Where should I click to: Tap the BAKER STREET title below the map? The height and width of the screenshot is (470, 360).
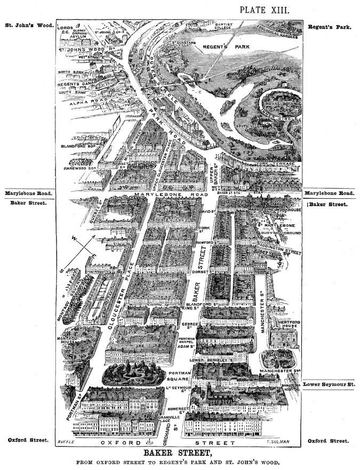(180, 453)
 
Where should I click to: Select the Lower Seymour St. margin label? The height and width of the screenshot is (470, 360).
(329, 384)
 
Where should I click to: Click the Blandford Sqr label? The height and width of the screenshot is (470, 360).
(80, 145)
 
